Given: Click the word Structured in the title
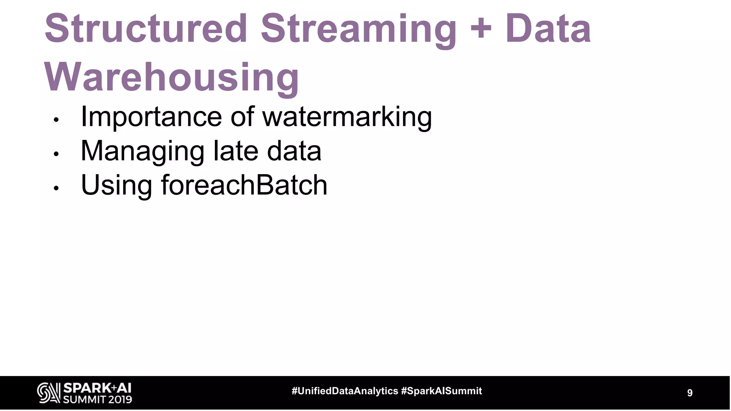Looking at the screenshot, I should [146, 29].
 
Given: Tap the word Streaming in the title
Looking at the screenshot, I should [358, 29].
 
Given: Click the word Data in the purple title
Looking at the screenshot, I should [548, 29].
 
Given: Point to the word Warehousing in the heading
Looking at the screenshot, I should [171, 77].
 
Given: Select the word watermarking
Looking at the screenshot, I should [347, 117].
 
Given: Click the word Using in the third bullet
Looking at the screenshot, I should [116, 185].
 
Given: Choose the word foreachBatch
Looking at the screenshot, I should [244, 185].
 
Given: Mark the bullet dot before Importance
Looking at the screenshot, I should [56, 120].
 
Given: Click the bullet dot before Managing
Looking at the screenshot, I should [56, 154].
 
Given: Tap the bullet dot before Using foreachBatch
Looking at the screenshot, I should [56, 189].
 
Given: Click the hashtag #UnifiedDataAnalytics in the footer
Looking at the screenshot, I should [345, 391].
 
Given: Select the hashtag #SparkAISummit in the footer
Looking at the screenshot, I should [442, 391].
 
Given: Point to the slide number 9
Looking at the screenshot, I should [690, 393].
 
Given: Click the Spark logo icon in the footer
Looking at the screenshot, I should [49, 393].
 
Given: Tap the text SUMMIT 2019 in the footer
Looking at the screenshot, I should [97, 399].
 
